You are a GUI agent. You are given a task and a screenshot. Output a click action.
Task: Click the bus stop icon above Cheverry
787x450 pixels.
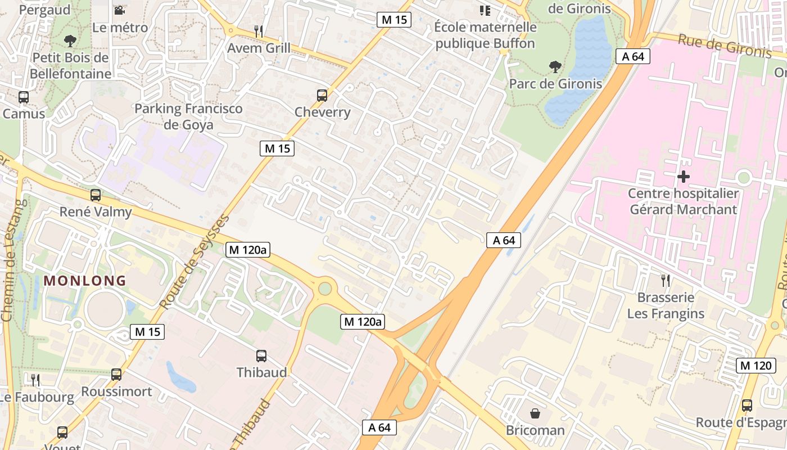322,96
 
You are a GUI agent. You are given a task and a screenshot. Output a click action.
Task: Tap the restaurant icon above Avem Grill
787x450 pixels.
259,31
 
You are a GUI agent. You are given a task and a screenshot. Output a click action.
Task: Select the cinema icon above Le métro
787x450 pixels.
119,11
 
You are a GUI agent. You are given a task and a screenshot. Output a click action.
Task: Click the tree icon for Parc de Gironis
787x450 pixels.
555,67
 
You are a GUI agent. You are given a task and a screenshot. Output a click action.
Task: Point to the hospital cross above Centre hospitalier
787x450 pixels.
683,177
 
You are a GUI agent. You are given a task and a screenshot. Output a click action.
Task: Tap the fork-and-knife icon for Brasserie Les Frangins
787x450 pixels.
666,281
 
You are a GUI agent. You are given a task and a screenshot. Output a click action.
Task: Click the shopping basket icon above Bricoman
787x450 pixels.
535,413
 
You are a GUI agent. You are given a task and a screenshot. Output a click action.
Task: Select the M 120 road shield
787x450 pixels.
756,365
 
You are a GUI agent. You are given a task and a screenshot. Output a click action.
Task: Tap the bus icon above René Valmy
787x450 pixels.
96,195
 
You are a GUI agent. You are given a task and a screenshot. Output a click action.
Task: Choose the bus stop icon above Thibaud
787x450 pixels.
261,355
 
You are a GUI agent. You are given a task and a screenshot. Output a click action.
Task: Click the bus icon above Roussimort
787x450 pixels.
116,374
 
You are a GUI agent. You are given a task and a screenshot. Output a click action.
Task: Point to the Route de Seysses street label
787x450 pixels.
195,262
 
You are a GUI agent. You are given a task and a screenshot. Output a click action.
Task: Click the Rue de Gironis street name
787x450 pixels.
725,46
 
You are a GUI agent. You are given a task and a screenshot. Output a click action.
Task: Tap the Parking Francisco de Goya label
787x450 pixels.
188,116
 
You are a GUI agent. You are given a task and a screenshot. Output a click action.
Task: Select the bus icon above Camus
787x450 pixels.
24,97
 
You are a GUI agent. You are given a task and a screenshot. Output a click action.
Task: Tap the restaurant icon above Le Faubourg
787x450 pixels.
35,380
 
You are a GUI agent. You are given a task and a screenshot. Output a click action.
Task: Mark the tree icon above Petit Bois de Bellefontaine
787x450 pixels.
70,40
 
